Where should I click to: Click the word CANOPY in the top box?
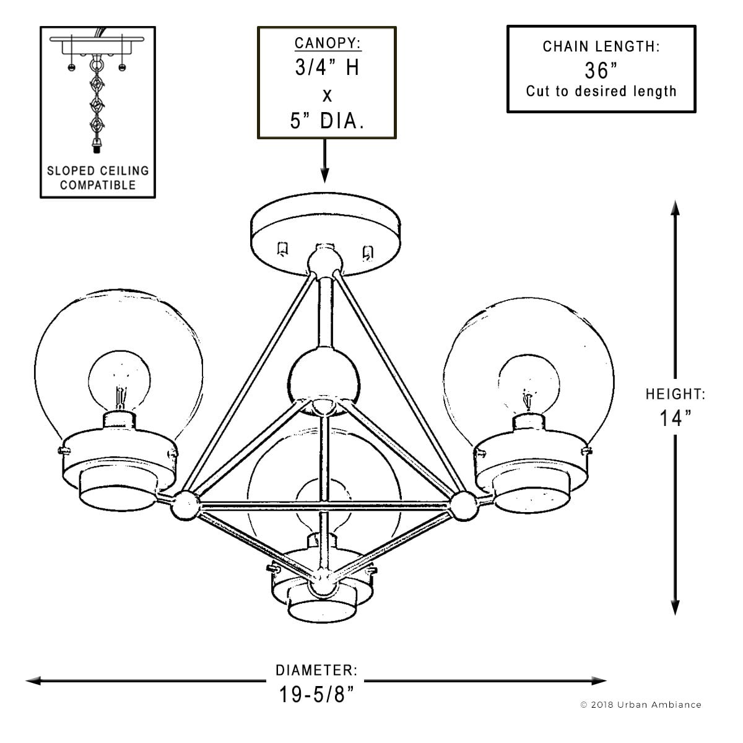pos(327,43)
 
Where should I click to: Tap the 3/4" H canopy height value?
pos(327,67)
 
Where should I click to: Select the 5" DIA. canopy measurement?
pos(327,120)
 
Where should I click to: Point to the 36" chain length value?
pos(597,71)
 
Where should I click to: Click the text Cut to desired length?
pos(601,92)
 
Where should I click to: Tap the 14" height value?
pos(675,419)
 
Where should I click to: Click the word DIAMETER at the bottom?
pos(316,671)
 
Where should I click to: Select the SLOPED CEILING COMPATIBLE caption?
pos(98,178)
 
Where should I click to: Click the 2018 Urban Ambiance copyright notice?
pos(641,705)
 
